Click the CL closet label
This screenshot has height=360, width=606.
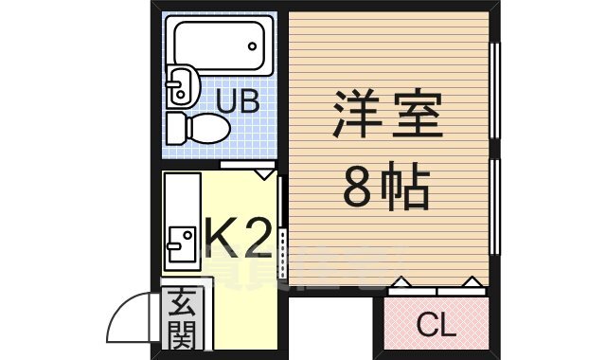point(437,325)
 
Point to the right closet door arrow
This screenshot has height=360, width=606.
point(471,282)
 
